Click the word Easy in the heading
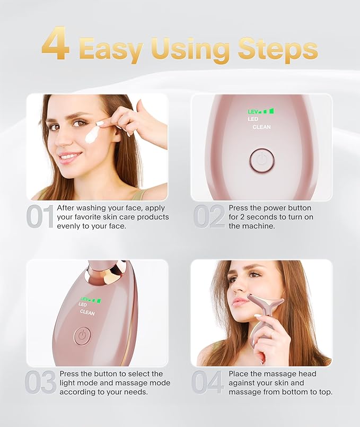click(111, 49)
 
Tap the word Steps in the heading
click(277, 49)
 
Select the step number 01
click(40, 217)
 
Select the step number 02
click(208, 217)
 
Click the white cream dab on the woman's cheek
click(92, 131)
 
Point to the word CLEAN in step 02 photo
click(261, 127)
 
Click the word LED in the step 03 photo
click(83, 304)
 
